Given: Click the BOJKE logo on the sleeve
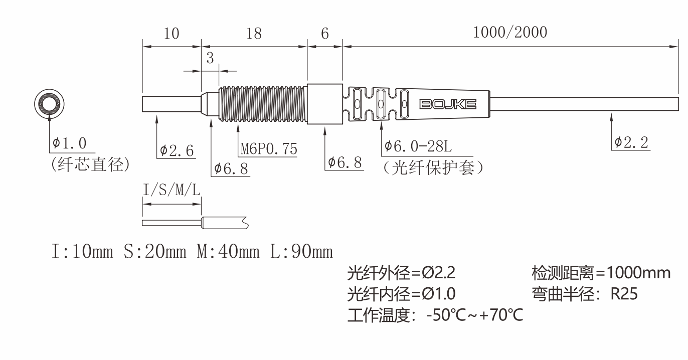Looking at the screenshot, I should (x=448, y=104).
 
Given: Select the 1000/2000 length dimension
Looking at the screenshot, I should (x=510, y=33).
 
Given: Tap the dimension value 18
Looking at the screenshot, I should (x=254, y=34).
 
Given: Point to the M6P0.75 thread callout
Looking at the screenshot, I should (x=269, y=149).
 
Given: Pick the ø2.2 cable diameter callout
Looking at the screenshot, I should (x=631, y=142).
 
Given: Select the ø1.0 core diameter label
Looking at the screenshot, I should (x=69, y=143).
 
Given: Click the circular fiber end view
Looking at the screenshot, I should (x=49, y=104).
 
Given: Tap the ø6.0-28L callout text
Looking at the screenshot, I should (x=418, y=146).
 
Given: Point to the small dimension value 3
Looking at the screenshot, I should (x=210, y=58).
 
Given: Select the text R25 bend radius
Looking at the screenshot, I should (x=624, y=294).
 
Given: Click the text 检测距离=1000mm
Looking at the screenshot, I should (x=601, y=273).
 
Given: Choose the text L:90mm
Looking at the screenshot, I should (x=301, y=251).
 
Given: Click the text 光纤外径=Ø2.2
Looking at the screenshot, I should (x=401, y=273).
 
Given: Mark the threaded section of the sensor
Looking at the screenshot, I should (x=263, y=104).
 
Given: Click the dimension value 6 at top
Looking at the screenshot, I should (x=324, y=34).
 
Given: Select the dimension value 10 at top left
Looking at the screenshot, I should (x=171, y=34).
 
